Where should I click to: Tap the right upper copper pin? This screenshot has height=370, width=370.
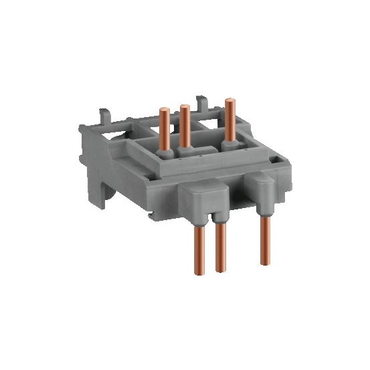coord(229,120)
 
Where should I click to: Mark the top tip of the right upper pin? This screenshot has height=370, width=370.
coord(230,100)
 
